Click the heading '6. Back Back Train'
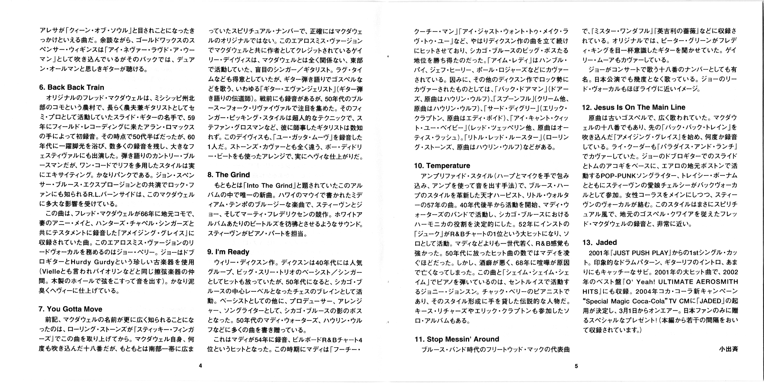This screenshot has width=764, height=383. click(x=71, y=88)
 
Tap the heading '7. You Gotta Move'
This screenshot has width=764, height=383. click(x=70, y=309)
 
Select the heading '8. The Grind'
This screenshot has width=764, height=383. click(x=228, y=175)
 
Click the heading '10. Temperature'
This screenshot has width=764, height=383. click(x=442, y=166)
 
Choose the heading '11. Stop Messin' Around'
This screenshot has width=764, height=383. click(x=457, y=339)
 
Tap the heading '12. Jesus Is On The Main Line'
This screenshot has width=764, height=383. click(x=633, y=107)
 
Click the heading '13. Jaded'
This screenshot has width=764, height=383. click(x=599, y=243)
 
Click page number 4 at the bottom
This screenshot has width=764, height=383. click(x=200, y=366)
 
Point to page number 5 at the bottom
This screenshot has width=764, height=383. click(x=576, y=366)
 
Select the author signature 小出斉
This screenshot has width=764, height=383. click(x=728, y=349)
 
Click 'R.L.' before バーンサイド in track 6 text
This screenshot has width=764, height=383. click(x=95, y=195)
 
